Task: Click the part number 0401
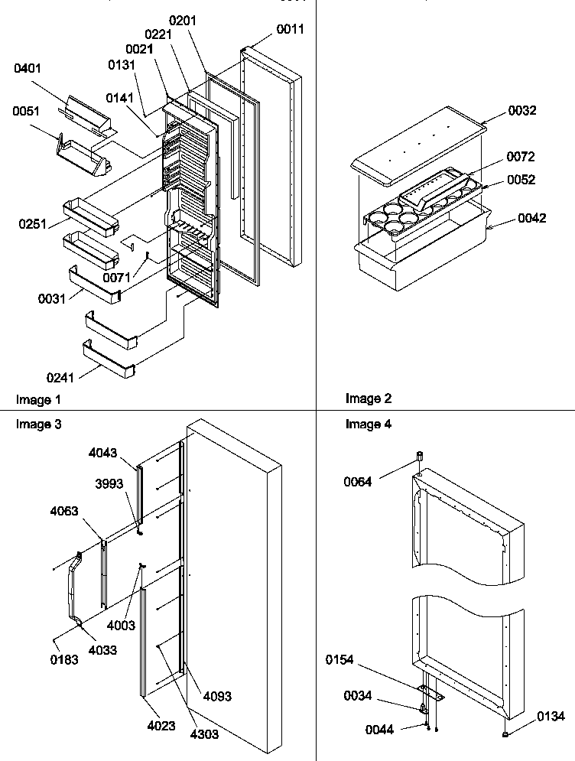(x=28, y=70)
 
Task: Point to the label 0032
(x=521, y=110)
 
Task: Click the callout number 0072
(x=520, y=157)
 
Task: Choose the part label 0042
(x=531, y=218)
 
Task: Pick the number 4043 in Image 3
(x=103, y=453)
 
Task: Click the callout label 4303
(x=204, y=734)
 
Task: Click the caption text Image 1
(x=38, y=399)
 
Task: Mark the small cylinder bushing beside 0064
(x=419, y=457)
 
